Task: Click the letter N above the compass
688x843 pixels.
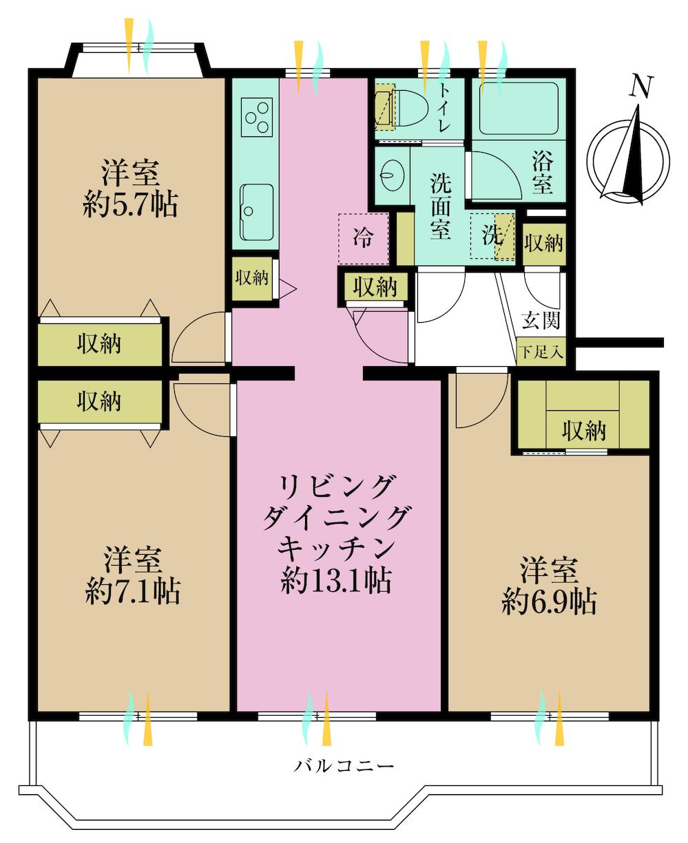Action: coord(641,86)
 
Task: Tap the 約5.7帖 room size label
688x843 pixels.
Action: coord(131,205)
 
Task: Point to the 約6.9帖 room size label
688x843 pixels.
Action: coord(549,603)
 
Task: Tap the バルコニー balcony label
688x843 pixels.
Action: coord(344,765)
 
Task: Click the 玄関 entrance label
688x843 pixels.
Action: coord(541,320)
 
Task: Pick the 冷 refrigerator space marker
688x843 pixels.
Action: coord(364,238)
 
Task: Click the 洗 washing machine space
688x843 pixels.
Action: coord(492,237)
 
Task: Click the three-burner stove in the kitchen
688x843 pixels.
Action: coord(256,115)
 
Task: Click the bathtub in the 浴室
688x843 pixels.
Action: coord(517,108)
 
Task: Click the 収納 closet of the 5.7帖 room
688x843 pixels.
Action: coord(101,343)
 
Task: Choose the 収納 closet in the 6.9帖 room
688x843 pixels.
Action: coord(583,430)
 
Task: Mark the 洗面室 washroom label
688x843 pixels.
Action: coord(441,206)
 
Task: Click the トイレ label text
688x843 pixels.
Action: coord(444,107)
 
